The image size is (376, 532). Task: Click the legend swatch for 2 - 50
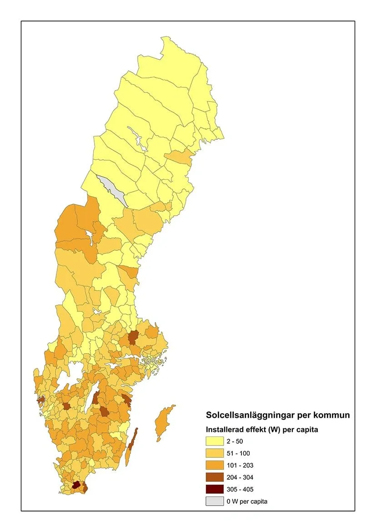215,441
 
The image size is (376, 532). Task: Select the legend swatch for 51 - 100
215,453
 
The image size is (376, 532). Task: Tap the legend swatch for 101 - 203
215,465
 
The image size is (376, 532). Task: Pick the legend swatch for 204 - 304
215,477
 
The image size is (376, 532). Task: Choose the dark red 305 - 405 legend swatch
215,489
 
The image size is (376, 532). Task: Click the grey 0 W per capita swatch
215,502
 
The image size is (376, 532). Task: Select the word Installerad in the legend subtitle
225,429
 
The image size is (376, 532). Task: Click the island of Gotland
163,422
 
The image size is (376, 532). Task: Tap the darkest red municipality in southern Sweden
76,485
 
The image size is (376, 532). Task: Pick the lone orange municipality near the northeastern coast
180,157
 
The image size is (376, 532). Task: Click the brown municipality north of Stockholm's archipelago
133,338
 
